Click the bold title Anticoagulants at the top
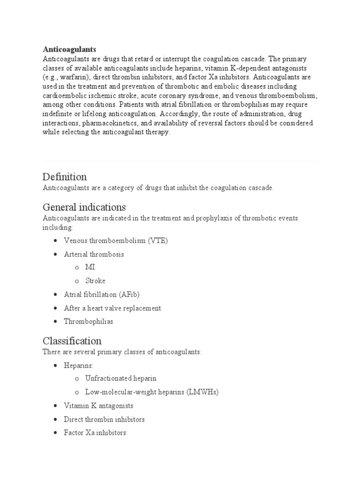click(69, 49)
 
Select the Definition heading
click(65, 177)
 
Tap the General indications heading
click(84, 207)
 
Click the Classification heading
click(72, 341)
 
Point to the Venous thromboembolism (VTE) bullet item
click(116, 241)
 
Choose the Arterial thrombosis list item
click(94, 254)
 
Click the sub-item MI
click(90, 268)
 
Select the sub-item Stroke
click(95, 281)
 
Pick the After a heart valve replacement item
click(112, 308)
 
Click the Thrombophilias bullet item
click(88, 322)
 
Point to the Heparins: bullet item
click(79, 366)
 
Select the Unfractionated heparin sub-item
click(121, 379)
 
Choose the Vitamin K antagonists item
click(98, 406)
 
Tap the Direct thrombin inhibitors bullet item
click(104, 420)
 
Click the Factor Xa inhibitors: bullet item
click(96, 433)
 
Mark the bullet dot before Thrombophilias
click(56, 322)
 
